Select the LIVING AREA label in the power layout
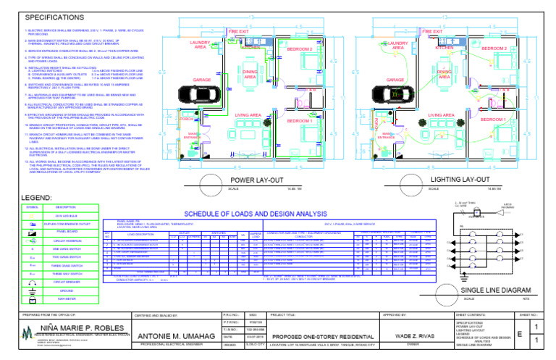(x=249, y=115)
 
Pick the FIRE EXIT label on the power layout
(x=239, y=32)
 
